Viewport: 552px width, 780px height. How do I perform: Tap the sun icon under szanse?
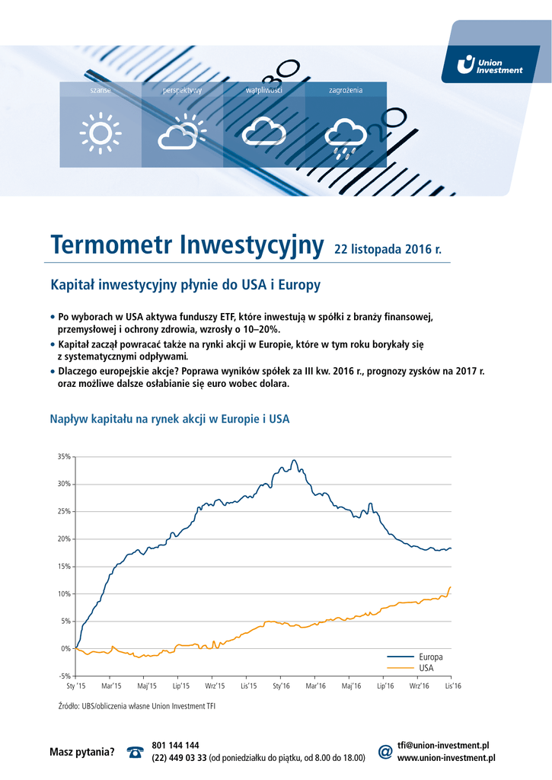coord(100,133)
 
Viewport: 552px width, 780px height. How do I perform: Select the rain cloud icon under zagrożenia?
coord(346,134)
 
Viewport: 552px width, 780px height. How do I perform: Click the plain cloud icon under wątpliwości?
coord(264,132)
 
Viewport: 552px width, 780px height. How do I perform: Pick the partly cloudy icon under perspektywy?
coord(182,132)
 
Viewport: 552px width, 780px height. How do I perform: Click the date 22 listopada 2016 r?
coord(388,249)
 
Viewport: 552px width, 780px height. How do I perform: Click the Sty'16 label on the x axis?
coord(282,686)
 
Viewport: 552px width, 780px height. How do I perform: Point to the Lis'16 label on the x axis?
coord(451,686)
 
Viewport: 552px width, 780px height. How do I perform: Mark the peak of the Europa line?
coord(294,460)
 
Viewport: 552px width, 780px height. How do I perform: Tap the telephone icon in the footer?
coord(136,753)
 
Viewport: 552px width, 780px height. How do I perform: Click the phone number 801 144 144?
coord(176,745)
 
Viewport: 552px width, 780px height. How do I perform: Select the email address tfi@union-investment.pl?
coord(442,745)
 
